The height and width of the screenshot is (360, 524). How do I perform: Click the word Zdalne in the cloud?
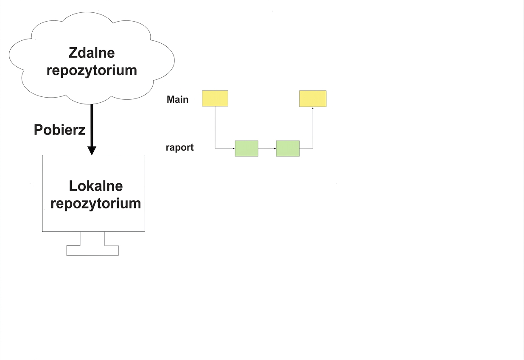(x=92, y=53)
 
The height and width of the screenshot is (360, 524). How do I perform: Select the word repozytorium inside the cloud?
(x=92, y=70)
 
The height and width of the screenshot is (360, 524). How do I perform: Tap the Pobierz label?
(x=60, y=129)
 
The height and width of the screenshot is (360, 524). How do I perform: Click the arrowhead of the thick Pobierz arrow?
(x=92, y=151)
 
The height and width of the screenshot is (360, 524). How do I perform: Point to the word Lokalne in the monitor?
(x=95, y=186)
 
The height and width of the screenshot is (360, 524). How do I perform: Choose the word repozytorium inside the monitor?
(x=95, y=203)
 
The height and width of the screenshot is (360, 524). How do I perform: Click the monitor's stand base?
(x=92, y=250)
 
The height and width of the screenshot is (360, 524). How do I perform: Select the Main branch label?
(x=177, y=99)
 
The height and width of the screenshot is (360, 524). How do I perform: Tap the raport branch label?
(x=179, y=148)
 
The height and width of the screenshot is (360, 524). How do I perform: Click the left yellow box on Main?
(x=215, y=98)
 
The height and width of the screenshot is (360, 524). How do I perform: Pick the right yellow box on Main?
(x=313, y=99)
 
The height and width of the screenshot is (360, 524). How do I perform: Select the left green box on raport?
(x=247, y=149)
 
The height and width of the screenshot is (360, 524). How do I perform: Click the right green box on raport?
(x=288, y=149)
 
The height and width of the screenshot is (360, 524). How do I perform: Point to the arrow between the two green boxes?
(x=267, y=149)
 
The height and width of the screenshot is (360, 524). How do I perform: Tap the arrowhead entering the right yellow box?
(x=313, y=108)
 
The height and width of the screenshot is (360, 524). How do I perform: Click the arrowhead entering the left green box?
(x=234, y=149)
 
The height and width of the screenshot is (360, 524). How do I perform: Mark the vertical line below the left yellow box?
(x=215, y=127)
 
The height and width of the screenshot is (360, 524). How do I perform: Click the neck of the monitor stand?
(x=92, y=239)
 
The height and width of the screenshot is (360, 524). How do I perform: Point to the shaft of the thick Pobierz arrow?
(x=92, y=126)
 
